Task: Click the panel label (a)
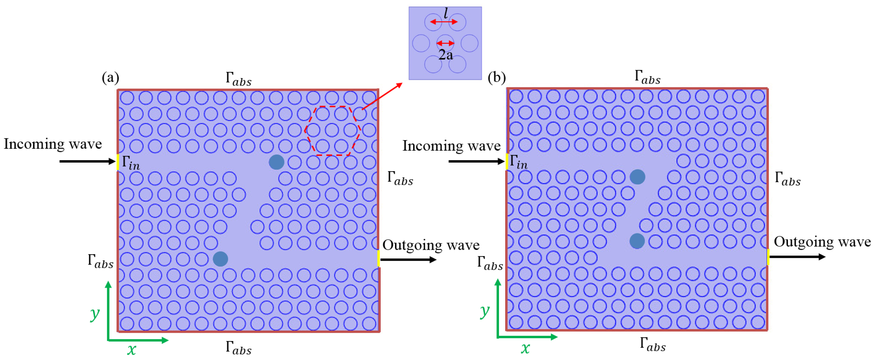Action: point(110,78)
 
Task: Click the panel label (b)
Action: point(496,78)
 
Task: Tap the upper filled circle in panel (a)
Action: point(276,162)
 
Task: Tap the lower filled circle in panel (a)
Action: point(220,259)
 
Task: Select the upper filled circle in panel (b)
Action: point(637,177)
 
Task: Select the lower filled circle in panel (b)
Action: point(637,241)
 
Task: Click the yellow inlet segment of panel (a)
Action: point(118,162)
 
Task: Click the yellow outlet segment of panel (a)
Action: point(379,258)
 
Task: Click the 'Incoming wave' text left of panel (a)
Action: point(52,144)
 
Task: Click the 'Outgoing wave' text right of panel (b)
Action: point(822,242)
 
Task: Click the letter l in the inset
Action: point(445,13)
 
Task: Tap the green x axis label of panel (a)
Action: point(132,349)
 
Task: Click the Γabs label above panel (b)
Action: point(647,77)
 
